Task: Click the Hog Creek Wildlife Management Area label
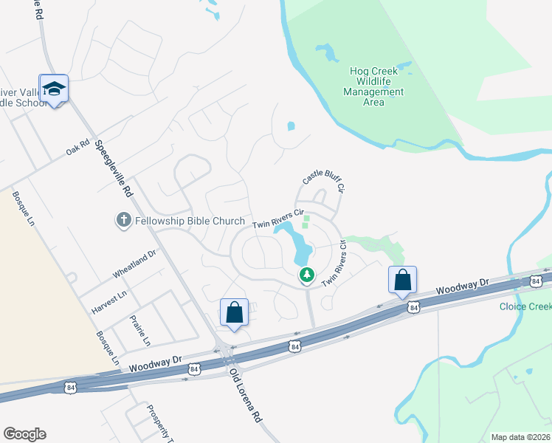pos(373,86)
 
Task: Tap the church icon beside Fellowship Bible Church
pos(124,220)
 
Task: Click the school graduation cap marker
pos(54,89)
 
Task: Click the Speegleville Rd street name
pos(112,168)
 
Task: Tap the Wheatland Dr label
pos(134,264)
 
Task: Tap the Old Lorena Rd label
pos(245,395)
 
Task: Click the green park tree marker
pos(307,275)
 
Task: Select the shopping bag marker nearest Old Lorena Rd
pos(234,312)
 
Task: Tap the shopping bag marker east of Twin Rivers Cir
pos(402,280)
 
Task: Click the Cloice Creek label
pos(525,306)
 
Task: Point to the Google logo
pos(25,433)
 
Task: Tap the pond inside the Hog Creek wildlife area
pos(328,53)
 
